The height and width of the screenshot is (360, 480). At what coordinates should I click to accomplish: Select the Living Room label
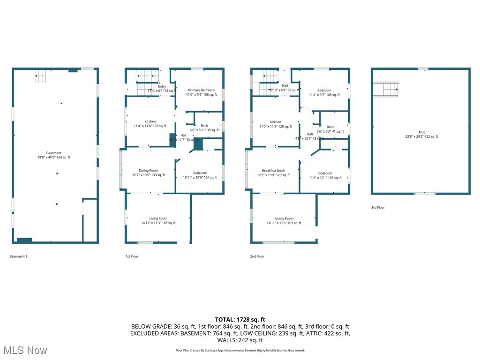pos(158,218)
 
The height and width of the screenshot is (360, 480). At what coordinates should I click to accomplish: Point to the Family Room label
pos(284,218)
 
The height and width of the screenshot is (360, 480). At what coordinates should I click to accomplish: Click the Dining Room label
pos(148,171)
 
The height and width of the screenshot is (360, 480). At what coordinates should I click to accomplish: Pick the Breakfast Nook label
pos(273,171)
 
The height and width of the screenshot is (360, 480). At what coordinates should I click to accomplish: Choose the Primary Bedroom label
pos(201,90)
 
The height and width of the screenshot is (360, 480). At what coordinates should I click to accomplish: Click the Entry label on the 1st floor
pos(162,86)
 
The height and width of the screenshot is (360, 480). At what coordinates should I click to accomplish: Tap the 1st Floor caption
pos(132,256)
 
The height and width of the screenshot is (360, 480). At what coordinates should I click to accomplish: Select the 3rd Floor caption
pos(378,207)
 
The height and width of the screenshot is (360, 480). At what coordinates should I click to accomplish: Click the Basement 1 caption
pos(18,256)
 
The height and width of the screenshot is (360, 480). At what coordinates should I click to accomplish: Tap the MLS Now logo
pos(24,350)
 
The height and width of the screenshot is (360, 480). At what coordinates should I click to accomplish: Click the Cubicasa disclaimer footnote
pos(240,350)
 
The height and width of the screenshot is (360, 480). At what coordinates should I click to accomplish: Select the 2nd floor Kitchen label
pos(275,122)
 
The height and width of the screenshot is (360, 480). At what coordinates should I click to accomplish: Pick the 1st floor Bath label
pos(204,126)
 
